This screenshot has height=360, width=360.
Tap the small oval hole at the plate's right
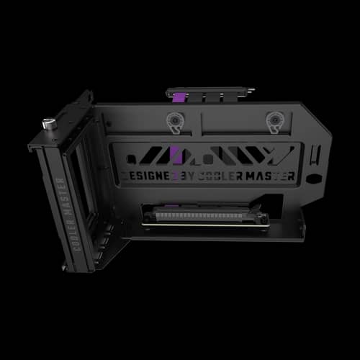click(316, 178)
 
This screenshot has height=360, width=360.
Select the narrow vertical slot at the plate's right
click(318, 153)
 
